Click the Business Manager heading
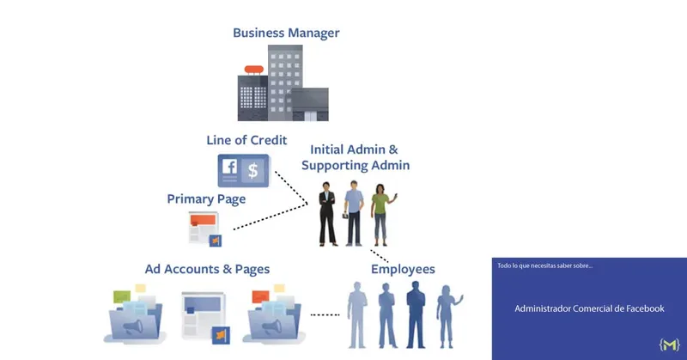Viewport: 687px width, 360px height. (286, 33)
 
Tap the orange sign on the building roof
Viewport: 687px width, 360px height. (254, 70)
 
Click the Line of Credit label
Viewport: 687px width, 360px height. (246, 140)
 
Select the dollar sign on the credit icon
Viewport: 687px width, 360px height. (252, 170)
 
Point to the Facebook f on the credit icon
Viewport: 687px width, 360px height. (229, 167)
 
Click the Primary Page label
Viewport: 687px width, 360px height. (206, 199)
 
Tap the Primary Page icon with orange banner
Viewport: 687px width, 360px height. (204, 229)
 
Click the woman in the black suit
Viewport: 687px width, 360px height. (327, 214)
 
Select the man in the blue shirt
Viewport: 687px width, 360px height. (354, 213)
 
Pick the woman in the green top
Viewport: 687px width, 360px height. (382, 215)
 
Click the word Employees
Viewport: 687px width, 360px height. (403, 269)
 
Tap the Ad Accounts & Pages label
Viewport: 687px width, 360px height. (207, 269)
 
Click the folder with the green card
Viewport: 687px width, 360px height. (136, 314)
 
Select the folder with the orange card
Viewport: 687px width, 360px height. (274, 314)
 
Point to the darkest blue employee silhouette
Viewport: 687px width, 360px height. (416, 314)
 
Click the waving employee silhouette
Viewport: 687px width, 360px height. (447, 316)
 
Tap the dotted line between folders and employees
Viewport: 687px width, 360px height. (325, 314)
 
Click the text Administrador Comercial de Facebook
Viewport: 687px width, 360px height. (589, 308)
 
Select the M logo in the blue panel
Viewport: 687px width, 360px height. (669, 345)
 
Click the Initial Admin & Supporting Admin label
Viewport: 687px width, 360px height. (356, 157)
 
